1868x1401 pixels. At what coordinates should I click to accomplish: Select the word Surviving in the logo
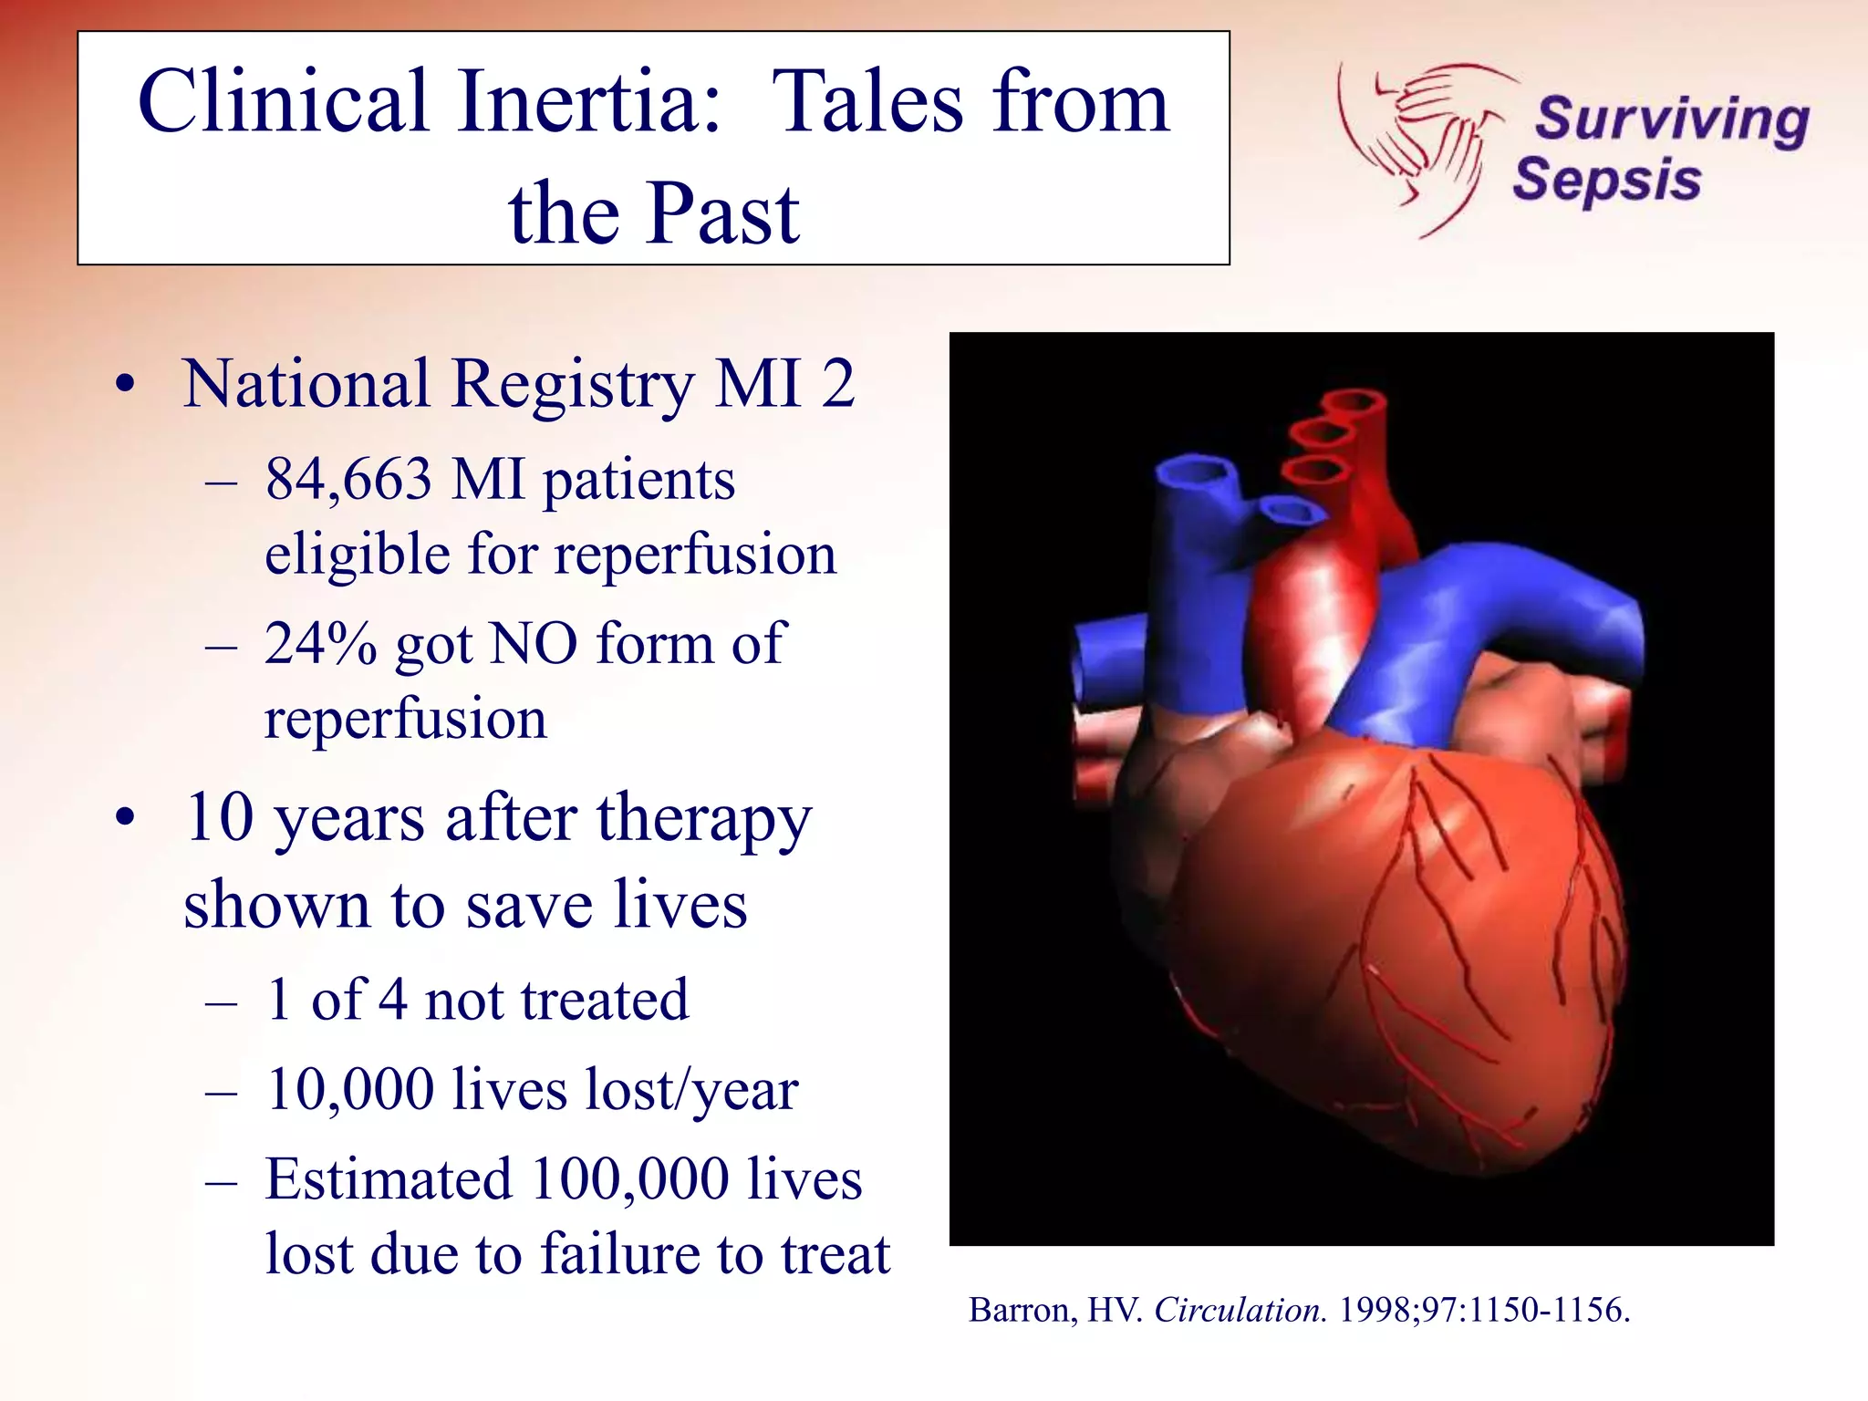pos(1672,120)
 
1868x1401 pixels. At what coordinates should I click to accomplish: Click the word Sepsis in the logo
pos(1607,180)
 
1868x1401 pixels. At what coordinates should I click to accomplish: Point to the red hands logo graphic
pos(1423,137)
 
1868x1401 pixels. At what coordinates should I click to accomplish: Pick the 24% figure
pos(320,644)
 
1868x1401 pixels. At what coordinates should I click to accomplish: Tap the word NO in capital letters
pos(534,644)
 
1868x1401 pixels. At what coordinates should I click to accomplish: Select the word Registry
pos(573,384)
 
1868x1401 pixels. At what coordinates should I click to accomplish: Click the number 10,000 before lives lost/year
pos(350,1089)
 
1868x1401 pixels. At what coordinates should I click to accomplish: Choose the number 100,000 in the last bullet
pos(629,1178)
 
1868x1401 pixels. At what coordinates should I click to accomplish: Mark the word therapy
pos(704,819)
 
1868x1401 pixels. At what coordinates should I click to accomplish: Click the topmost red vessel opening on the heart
pos(1354,401)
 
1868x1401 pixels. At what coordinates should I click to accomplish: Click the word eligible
pos(357,555)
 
